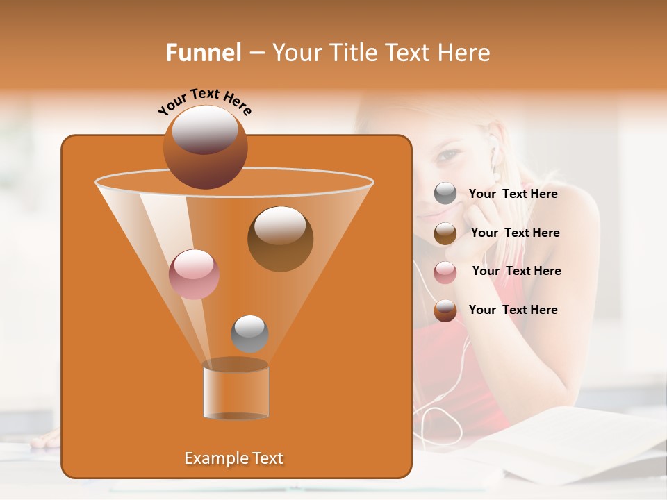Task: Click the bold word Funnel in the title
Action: click(203, 53)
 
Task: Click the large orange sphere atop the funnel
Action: click(205, 147)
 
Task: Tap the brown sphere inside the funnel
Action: click(280, 239)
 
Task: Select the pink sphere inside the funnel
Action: click(194, 274)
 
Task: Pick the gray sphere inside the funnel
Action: click(249, 333)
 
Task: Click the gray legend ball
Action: click(445, 194)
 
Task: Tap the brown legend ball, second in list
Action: click(445, 233)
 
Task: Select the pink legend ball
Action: click(445, 272)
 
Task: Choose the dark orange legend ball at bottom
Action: click(445, 310)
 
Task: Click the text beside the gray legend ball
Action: click(513, 194)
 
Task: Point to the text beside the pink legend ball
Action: click(516, 271)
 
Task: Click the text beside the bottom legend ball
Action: click(513, 310)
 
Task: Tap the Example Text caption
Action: click(233, 458)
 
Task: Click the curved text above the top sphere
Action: click(204, 101)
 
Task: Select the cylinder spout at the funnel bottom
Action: click(236, 390)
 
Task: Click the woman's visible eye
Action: click(448, 154)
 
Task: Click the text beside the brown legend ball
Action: click(515, 233)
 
